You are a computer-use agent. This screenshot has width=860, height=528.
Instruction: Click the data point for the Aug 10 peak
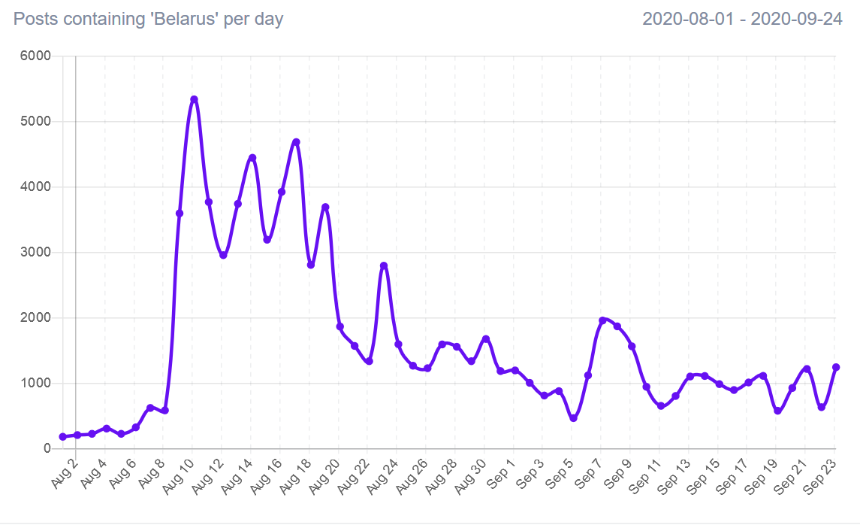tap(194, 99)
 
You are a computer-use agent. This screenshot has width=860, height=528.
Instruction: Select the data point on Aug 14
tap(252, 158)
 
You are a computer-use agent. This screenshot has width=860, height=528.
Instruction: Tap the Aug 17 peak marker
tap(296, 142)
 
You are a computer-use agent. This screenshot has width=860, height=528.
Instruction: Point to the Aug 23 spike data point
tap(384, 266)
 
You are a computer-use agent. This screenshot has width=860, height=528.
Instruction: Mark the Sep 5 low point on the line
tap(573, 418)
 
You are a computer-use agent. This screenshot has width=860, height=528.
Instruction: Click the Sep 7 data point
tap(602, 320)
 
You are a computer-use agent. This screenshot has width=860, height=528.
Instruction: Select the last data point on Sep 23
tap(835, 367)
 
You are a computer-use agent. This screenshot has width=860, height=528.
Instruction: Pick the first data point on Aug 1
tap(62, 436)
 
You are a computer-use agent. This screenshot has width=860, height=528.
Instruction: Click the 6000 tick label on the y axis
tap(36, 56)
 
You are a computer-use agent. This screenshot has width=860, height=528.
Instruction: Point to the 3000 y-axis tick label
tap(36, 252)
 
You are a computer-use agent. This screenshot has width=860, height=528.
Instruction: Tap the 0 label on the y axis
tap(47, 448)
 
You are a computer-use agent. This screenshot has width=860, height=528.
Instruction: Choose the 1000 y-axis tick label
tap(36, 383)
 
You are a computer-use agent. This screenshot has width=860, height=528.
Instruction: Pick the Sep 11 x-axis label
tap(646, 476)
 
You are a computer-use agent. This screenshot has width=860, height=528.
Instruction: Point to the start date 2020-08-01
tap(688, 20)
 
